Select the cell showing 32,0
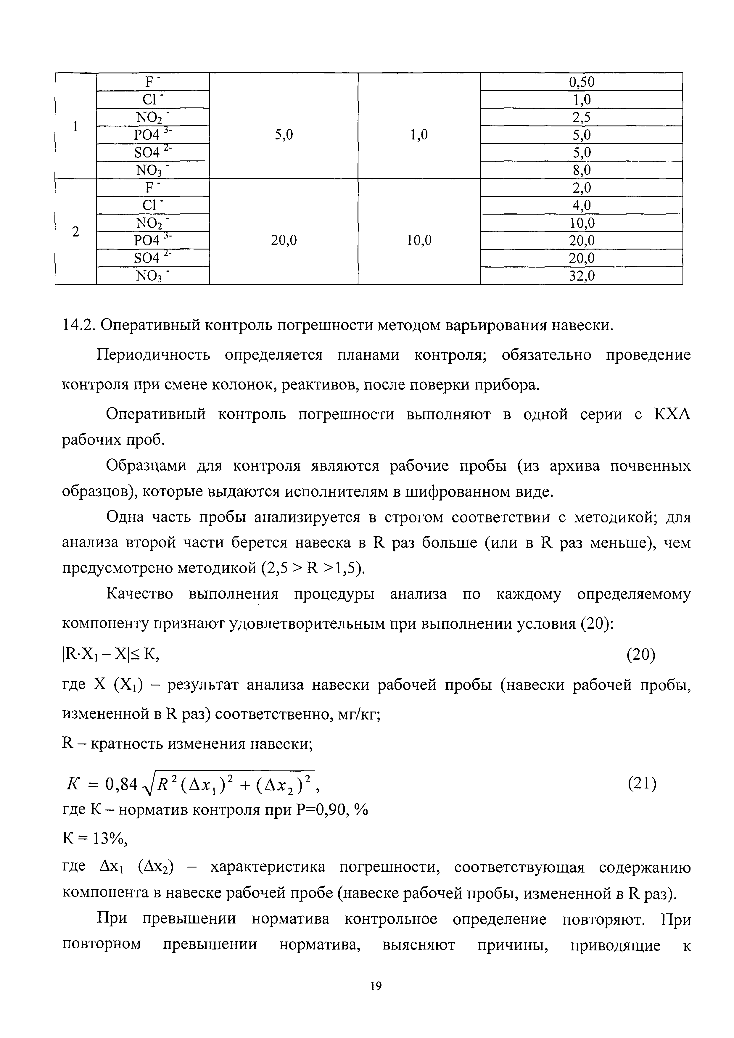pyautogui.click(x=581, y=276)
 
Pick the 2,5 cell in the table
pyautogui.click(x=581, y=118)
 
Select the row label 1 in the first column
pyautogui.click(x=75, y=126)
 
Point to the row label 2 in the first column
pyautogui.click(x=75, y=231)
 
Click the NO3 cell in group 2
pyautogui.click(x=153, y=276)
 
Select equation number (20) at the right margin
pyautogui.click(x=640, y=655)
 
